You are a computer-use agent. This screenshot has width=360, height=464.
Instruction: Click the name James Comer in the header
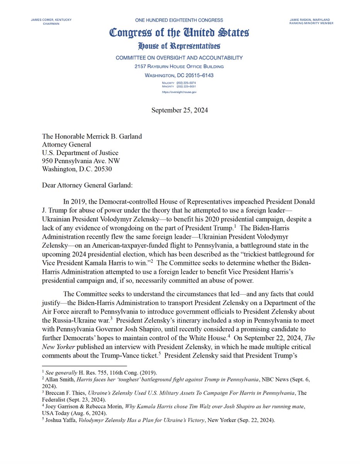point(42,20)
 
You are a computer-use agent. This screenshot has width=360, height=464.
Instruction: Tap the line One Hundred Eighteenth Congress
point(179,20)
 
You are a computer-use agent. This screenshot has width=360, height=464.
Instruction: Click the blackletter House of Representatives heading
point(179,46)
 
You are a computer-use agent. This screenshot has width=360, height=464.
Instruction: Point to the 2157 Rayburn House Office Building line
point(179,67)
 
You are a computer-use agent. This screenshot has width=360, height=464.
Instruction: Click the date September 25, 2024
point(180,110)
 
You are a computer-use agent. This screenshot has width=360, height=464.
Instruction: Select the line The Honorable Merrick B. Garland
point(93,136)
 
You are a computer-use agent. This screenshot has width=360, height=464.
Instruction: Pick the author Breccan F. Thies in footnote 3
point(63,393)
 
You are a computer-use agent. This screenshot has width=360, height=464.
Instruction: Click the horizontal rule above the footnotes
point(84,366)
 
